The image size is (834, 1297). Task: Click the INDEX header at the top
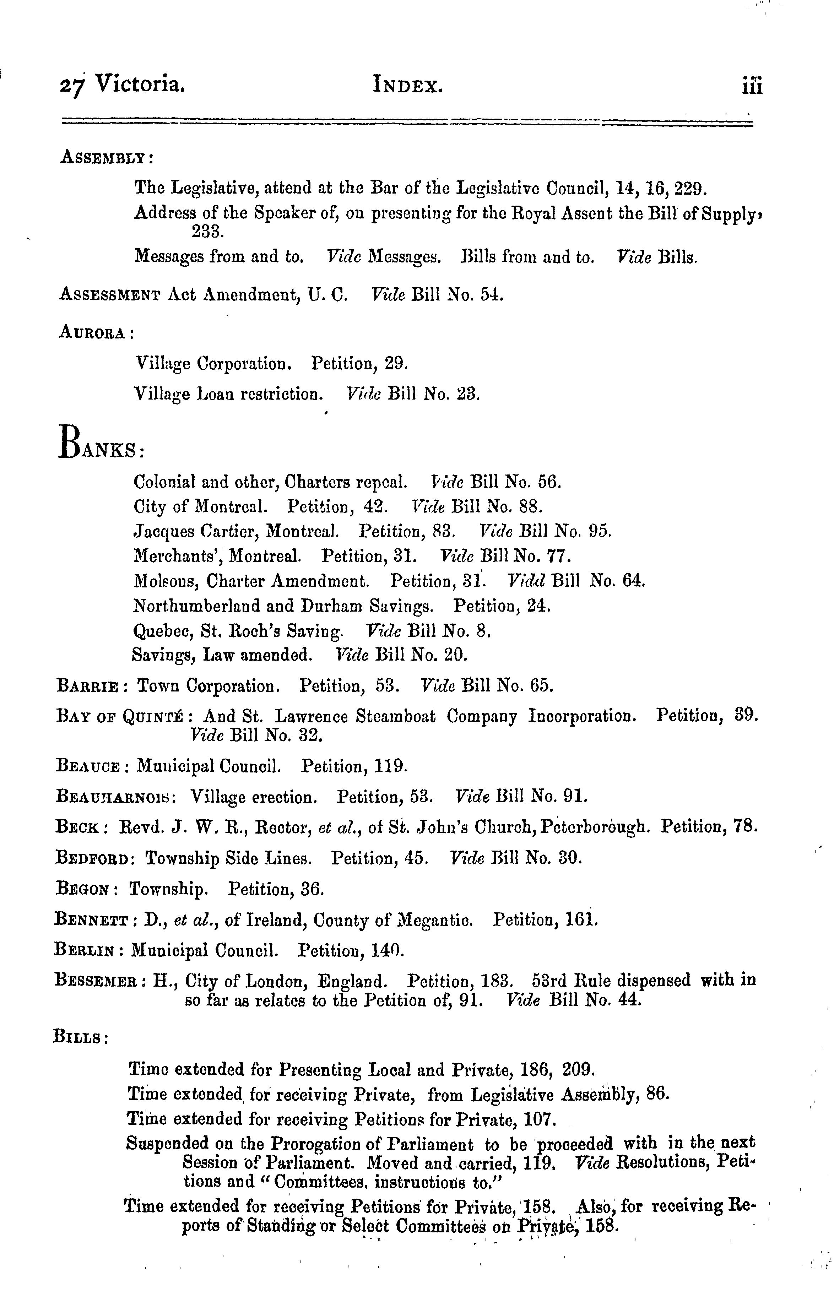[x=407, y=86]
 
